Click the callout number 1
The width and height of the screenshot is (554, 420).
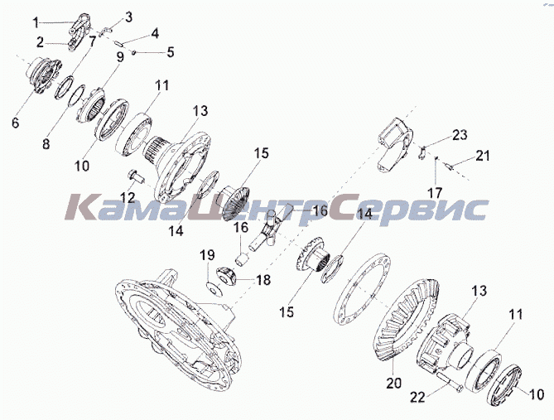click(x=36, y=23)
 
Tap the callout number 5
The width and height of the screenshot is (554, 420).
click(x=171, y=52)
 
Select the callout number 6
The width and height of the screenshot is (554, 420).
click(x=15, y=123)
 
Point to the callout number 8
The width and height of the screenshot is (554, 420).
click(x=46, y=144)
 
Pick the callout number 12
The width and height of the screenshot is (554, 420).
click(x=128, y=198)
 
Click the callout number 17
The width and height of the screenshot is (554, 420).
click(x=435, y=193)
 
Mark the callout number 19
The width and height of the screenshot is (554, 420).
click(x=207, y=255)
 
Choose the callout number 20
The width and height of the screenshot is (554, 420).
click(x=394, y=383)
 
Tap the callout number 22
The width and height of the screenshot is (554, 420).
click(x=418, y=398)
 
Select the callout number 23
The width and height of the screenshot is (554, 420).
click(x=460, y=135)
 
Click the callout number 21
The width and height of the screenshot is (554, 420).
click(x=483, y=156)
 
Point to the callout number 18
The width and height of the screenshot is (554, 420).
click(x=263, y=280)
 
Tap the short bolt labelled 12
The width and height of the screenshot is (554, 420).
click(x=136, y=176)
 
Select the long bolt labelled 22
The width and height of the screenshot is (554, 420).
click(x=448, y=383)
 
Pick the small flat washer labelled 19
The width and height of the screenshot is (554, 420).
click(x=214, y=288)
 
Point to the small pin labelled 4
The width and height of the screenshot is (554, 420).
click(x=119, y=43)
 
